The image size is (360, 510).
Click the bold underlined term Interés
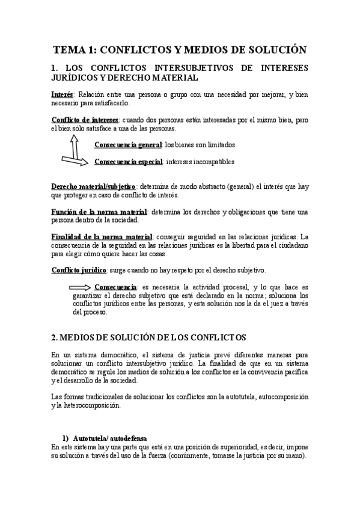[63, 94]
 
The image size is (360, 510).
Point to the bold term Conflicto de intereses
[85, 120]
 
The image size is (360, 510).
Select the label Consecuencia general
[128, 145]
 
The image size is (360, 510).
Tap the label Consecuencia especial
[128, 162]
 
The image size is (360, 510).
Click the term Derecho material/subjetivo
[94, 187]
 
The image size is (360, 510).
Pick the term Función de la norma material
[99, 212]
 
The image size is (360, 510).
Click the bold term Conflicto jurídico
[79, 270]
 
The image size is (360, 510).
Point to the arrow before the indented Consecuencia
[81, 287]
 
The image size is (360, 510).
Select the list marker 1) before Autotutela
[67, 437]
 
